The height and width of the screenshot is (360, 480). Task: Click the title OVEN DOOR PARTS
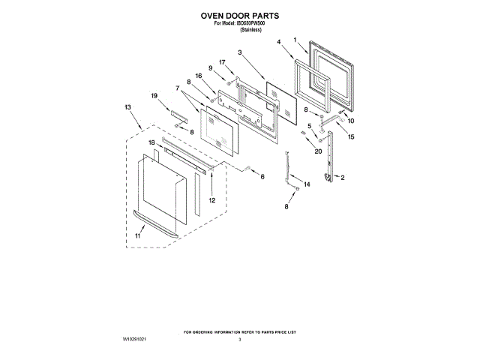pos(239,14)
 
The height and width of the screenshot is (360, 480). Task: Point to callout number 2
pos(343,178)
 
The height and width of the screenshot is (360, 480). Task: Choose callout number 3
pos(239,52)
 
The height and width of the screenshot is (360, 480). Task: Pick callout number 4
pos(278,43)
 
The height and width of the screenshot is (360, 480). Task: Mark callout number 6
pos(262,177)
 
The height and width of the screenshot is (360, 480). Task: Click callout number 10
pos(350,121)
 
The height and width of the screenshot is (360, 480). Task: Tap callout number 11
pos(137,235)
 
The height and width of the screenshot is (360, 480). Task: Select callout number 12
pos(211,200)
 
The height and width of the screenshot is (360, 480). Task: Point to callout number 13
pos(127,107)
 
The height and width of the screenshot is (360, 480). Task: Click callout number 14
pos(306,184)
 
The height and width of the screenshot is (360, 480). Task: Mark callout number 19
pos(154,96)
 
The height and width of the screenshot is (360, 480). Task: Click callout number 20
pos(318,151)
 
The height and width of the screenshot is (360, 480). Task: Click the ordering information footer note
pos(240,331)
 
